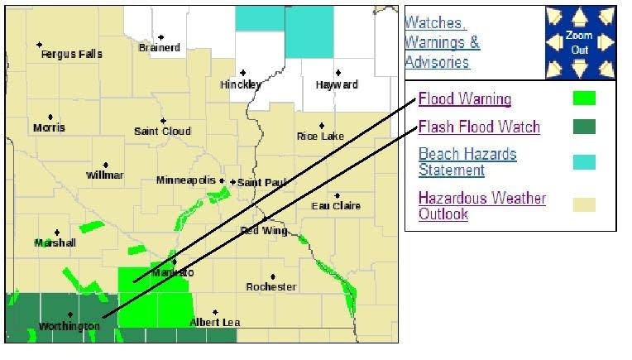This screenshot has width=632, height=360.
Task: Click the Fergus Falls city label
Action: point(72,55)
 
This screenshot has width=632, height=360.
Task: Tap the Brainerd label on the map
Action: point(160,48)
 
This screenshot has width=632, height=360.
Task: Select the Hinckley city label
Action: point(241,85)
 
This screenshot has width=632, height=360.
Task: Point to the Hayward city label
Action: point(337,85)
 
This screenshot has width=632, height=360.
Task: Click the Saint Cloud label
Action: point(162,132)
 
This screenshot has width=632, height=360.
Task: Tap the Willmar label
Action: point(105,175)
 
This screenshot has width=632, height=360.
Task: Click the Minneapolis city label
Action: point(187,180)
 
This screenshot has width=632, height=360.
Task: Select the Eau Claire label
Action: point(336,206)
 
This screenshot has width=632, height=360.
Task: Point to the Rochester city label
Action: point(271,287)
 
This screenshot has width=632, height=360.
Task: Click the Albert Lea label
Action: point(214,322)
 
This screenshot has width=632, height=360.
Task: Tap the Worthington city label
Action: point(69,327)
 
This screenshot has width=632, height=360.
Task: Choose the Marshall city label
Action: point(55,243)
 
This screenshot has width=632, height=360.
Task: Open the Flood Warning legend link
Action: point(465,100)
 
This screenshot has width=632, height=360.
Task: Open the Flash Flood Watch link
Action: point(479,127)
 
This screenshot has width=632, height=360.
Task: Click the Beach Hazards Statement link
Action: point(467,162)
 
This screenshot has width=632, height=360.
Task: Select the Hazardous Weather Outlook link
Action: point(481,206)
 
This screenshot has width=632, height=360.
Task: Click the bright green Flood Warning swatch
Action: point(584,98)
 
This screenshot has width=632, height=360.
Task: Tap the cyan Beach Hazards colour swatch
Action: point(584,162)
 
